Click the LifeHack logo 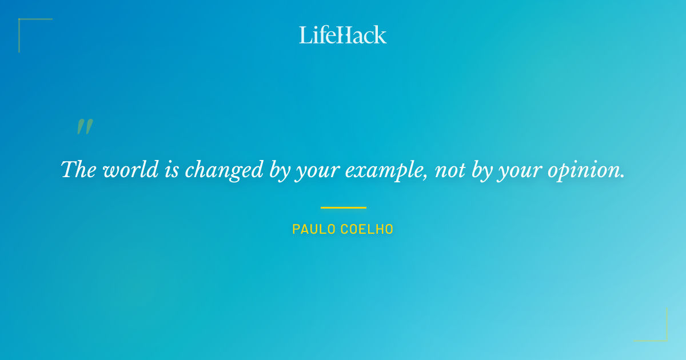[343, 35]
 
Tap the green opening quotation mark [85, 127]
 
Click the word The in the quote [78, 170]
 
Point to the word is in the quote [171, 170]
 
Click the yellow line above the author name [343, 207]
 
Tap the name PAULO [314, 230]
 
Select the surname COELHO [367, 230]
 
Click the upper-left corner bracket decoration [23, 23]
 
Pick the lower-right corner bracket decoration [663, 337]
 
